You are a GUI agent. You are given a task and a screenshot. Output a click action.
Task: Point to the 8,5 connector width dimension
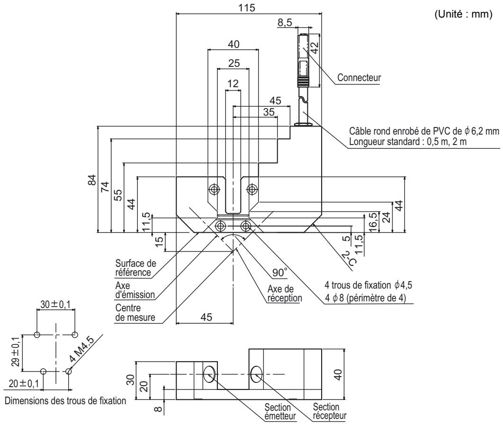pyautogui.click(x=285, y=22)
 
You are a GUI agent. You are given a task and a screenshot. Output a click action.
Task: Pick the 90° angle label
pyautogui.click(x=280, y=272)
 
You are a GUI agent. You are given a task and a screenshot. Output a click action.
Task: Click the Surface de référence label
pyautogui.click(x=135, y=268)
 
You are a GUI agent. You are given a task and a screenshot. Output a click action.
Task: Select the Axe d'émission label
pyautogui.click(x=135, y=290)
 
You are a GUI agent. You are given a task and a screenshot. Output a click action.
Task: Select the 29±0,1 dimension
pyautogui.click(x=16, y=353)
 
